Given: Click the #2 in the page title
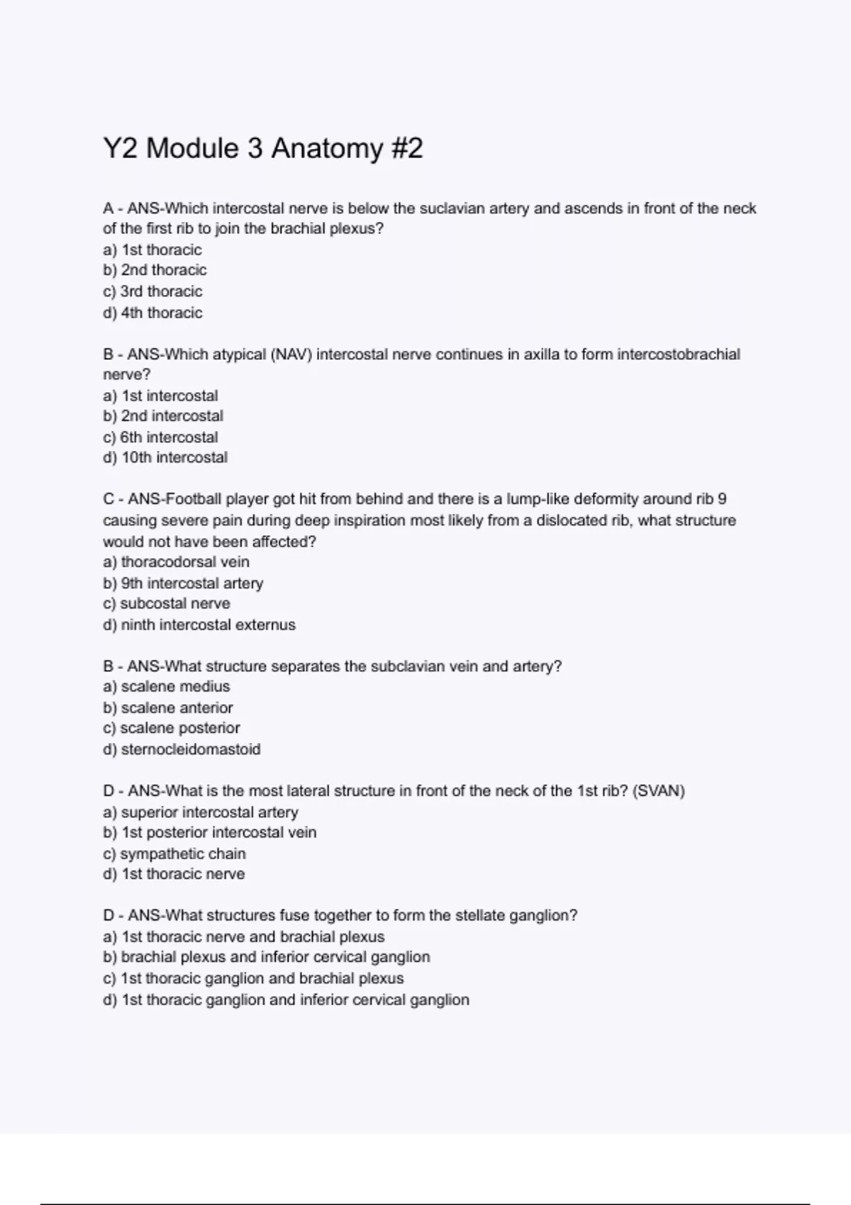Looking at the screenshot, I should pyautogui.click(x=406, y=149).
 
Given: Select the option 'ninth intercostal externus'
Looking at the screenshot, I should pyautogui.click(x=199, y=625).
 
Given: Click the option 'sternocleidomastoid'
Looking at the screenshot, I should pyautogui.click(x=182, y=749).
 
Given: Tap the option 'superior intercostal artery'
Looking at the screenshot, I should pyautogui.click(x=201, y=812).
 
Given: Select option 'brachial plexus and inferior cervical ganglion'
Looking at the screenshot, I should pyautogui.click(x=267, y=958).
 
